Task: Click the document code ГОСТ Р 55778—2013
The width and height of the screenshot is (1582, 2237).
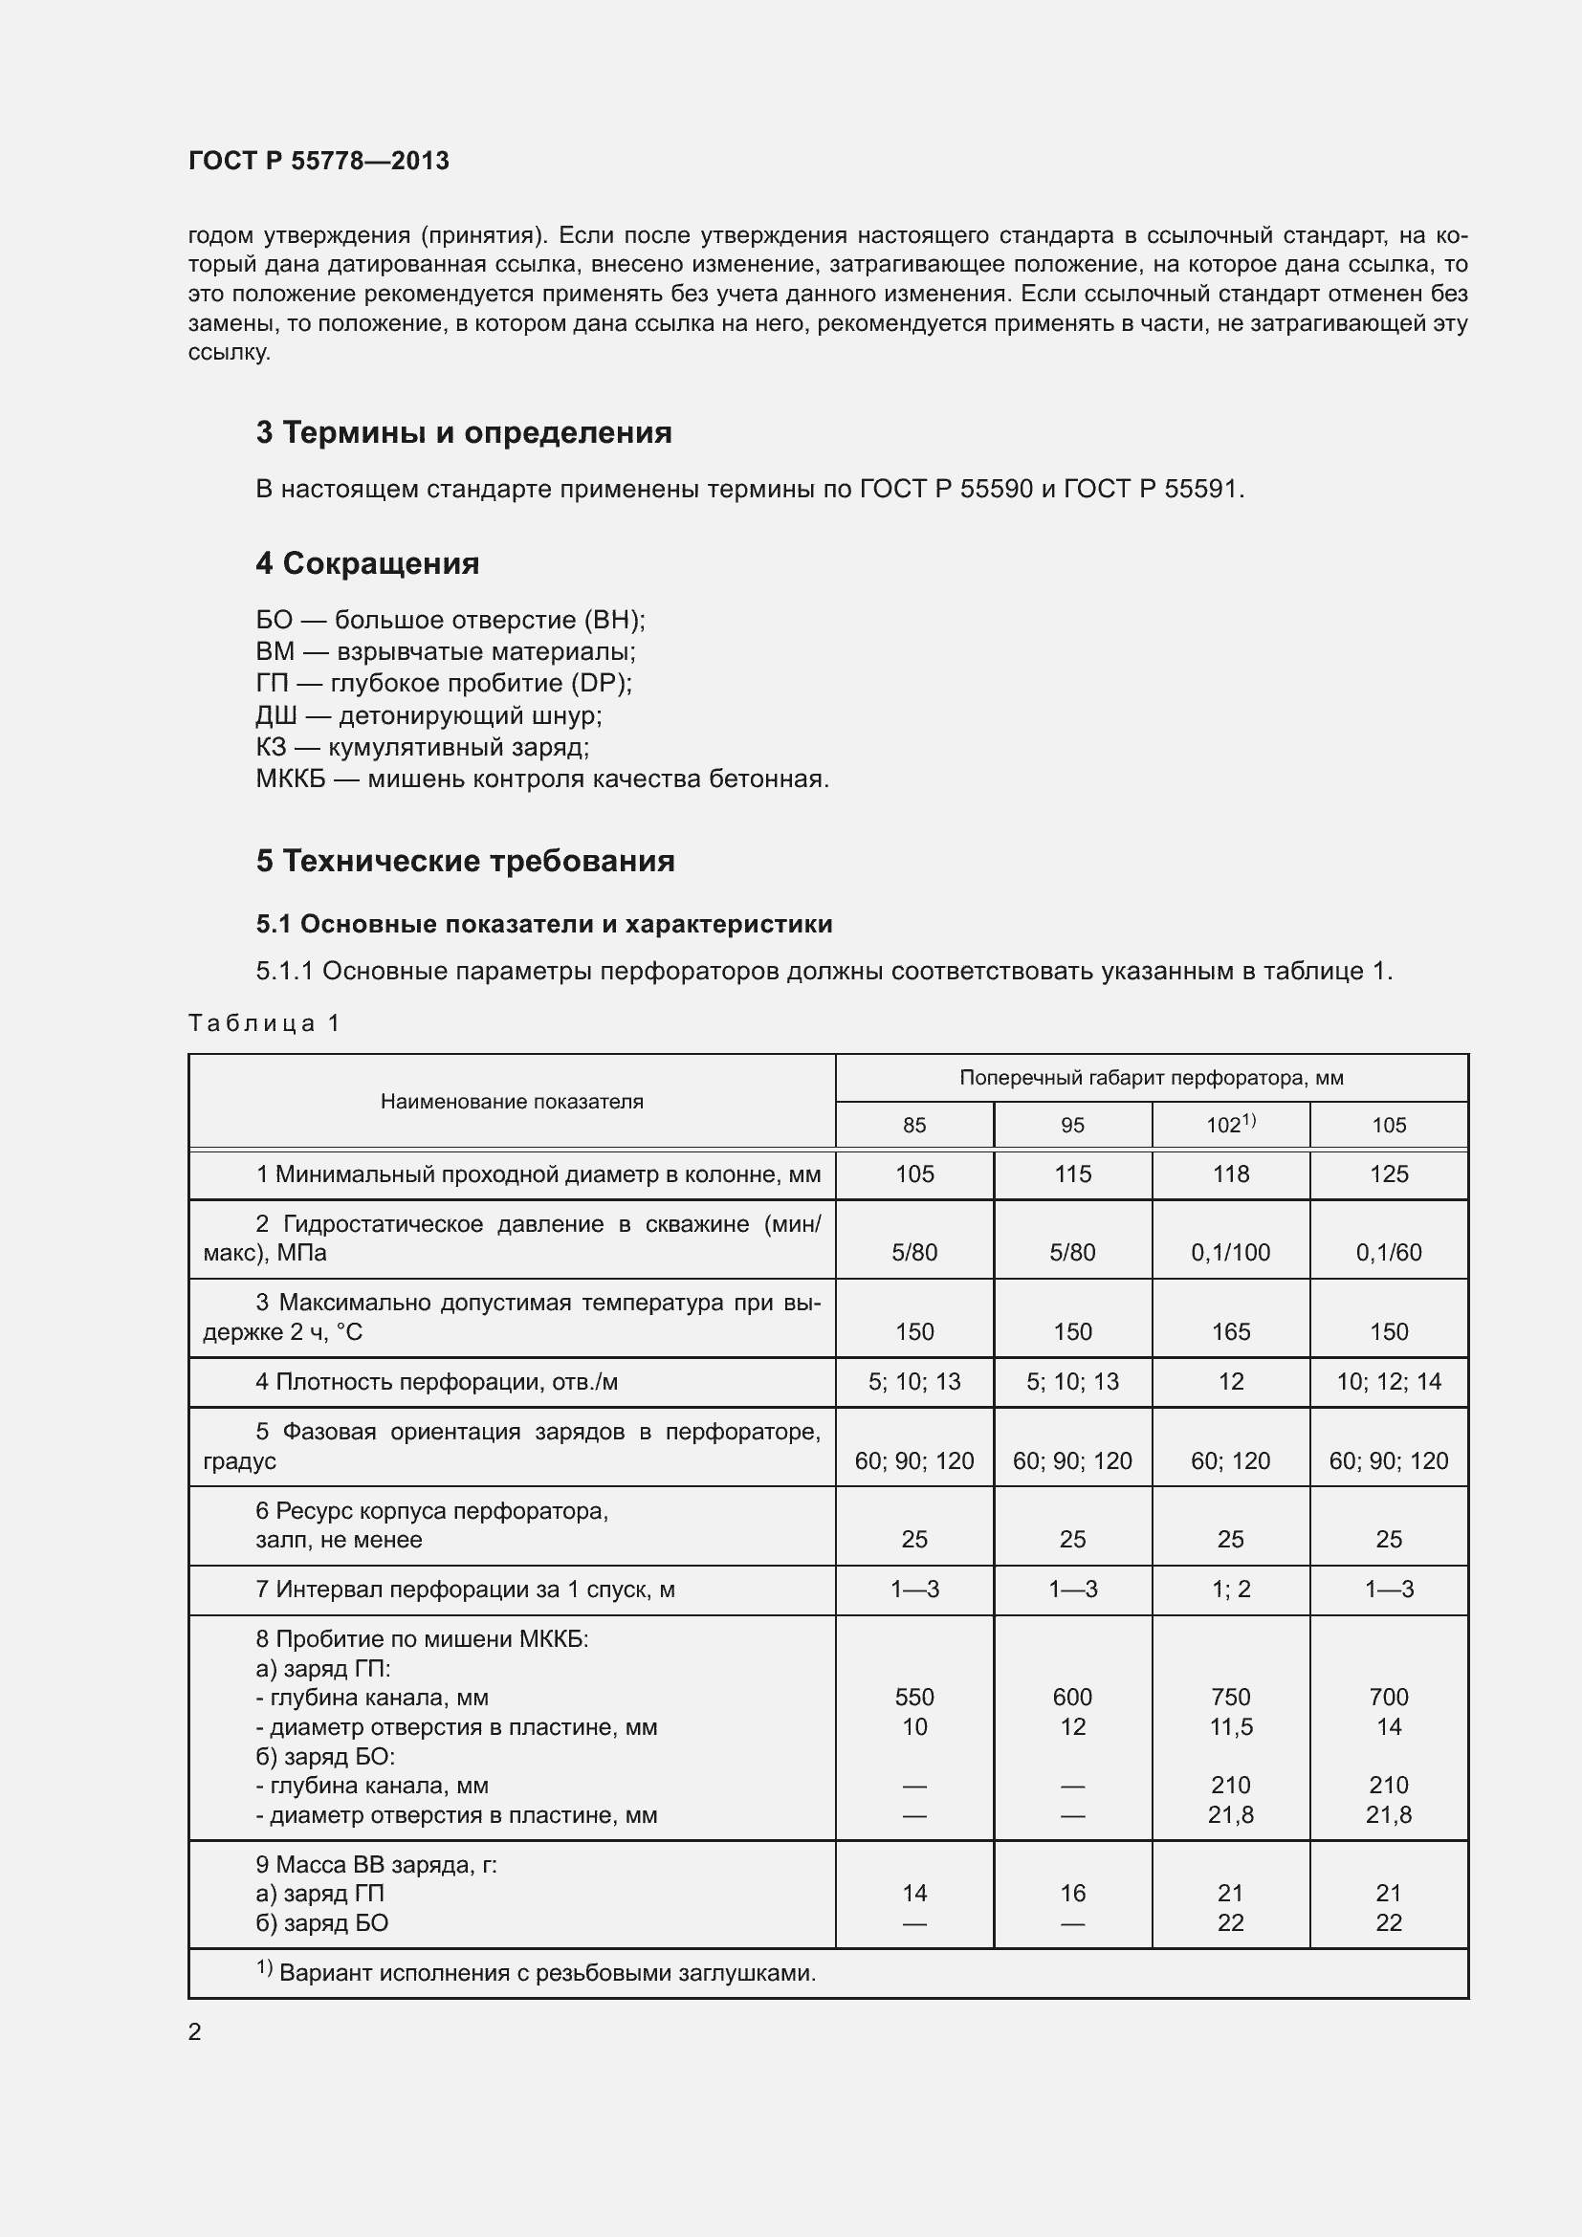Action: point(319,161)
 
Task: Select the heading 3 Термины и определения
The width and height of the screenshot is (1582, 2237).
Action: point(464,432)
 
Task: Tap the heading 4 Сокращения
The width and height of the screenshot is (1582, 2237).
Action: point(367,563)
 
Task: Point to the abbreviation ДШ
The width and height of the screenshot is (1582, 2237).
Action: point(275,716)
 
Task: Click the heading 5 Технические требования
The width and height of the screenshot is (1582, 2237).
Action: point(465,862)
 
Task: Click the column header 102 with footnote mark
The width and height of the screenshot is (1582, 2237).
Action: point(1230,1125)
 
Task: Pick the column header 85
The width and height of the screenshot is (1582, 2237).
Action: point(913,1126)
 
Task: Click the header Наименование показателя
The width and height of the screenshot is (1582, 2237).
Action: point(512,1102)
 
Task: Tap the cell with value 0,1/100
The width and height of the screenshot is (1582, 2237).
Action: point(1230,1253)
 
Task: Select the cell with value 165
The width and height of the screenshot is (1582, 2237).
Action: point(1230,1332)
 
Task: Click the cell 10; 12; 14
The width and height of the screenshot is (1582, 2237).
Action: point(1388,1382)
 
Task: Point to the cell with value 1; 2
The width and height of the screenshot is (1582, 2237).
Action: point(1230,1590)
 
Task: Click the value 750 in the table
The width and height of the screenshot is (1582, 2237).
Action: point(1230,1698)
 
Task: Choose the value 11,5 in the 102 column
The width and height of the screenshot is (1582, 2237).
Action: point(1230,1726)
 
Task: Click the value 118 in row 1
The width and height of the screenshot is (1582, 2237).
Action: point(1230,1174)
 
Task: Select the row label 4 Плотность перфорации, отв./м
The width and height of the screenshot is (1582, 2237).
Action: point(436,1382)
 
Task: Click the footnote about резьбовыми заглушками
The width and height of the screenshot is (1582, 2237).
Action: point(545,1973)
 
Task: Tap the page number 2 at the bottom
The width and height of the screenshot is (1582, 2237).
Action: point(195,2031)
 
